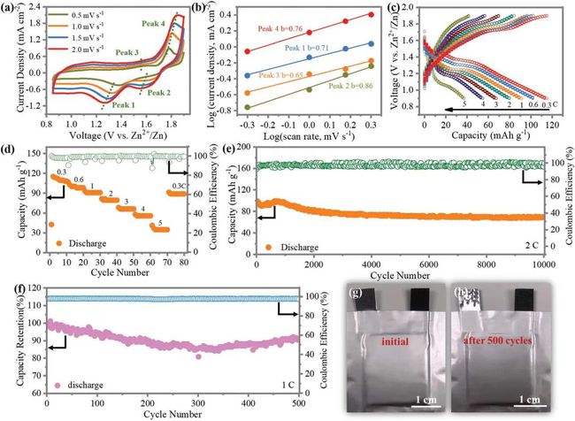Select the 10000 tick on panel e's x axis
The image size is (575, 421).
[542, 264]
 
